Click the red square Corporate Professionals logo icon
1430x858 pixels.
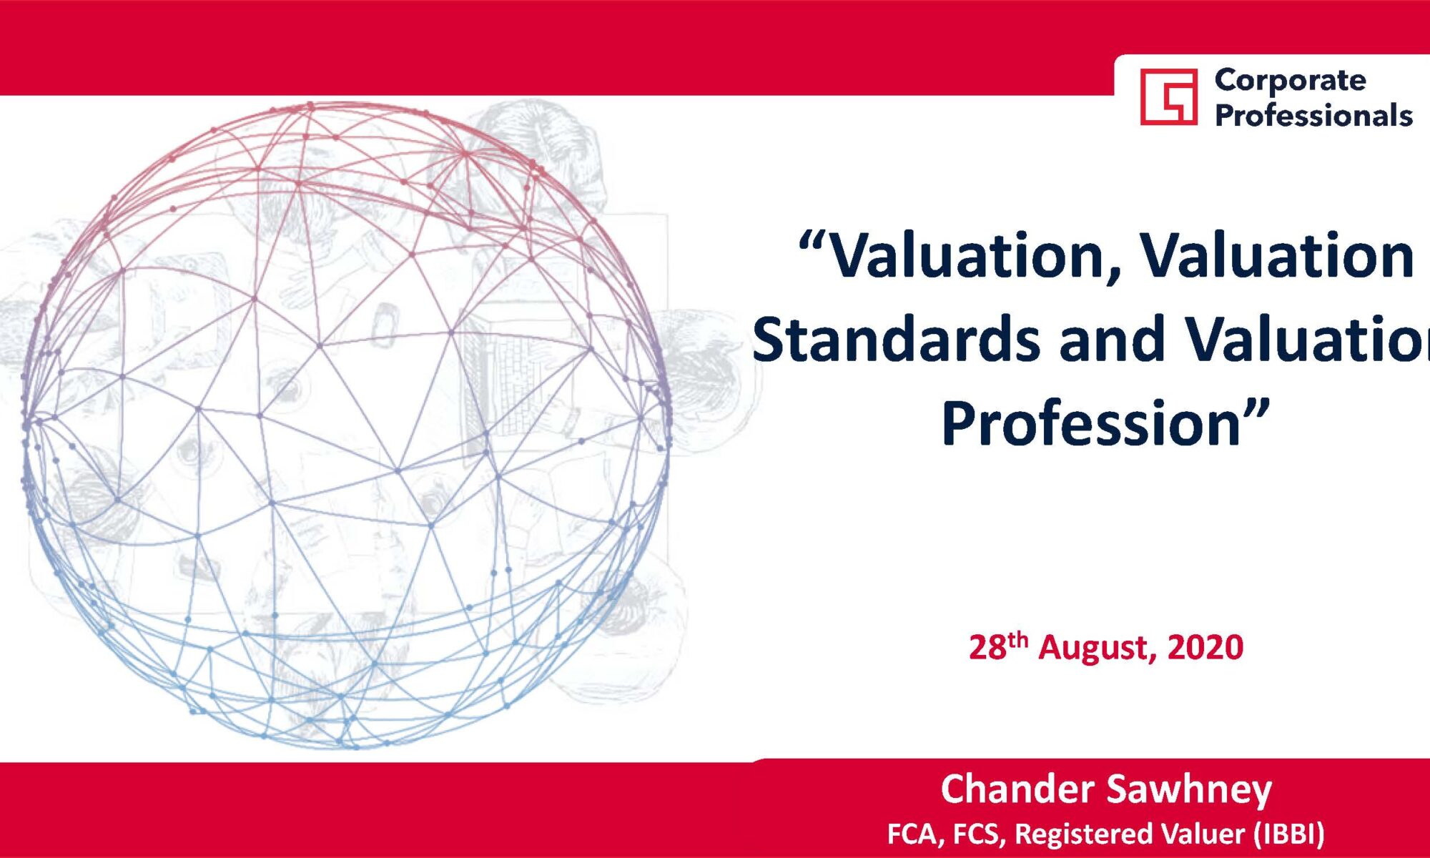coord(1168,97)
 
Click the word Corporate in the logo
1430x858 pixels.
coord(1290,81)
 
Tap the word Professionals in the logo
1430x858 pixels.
coord(1313,115)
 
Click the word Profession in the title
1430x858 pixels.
coord(1090,423)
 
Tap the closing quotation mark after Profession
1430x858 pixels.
coord(1256,409)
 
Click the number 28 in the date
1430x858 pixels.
coord(987,647)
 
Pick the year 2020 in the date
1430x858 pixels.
coord(1205,647)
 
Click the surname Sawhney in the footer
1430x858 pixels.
coord(1189,790)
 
